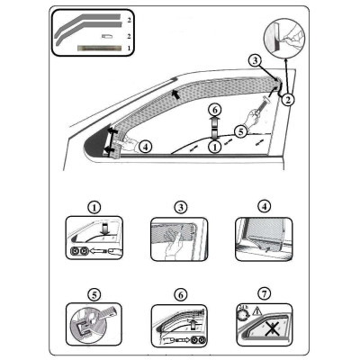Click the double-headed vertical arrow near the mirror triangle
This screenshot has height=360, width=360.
tap(112, 141)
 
